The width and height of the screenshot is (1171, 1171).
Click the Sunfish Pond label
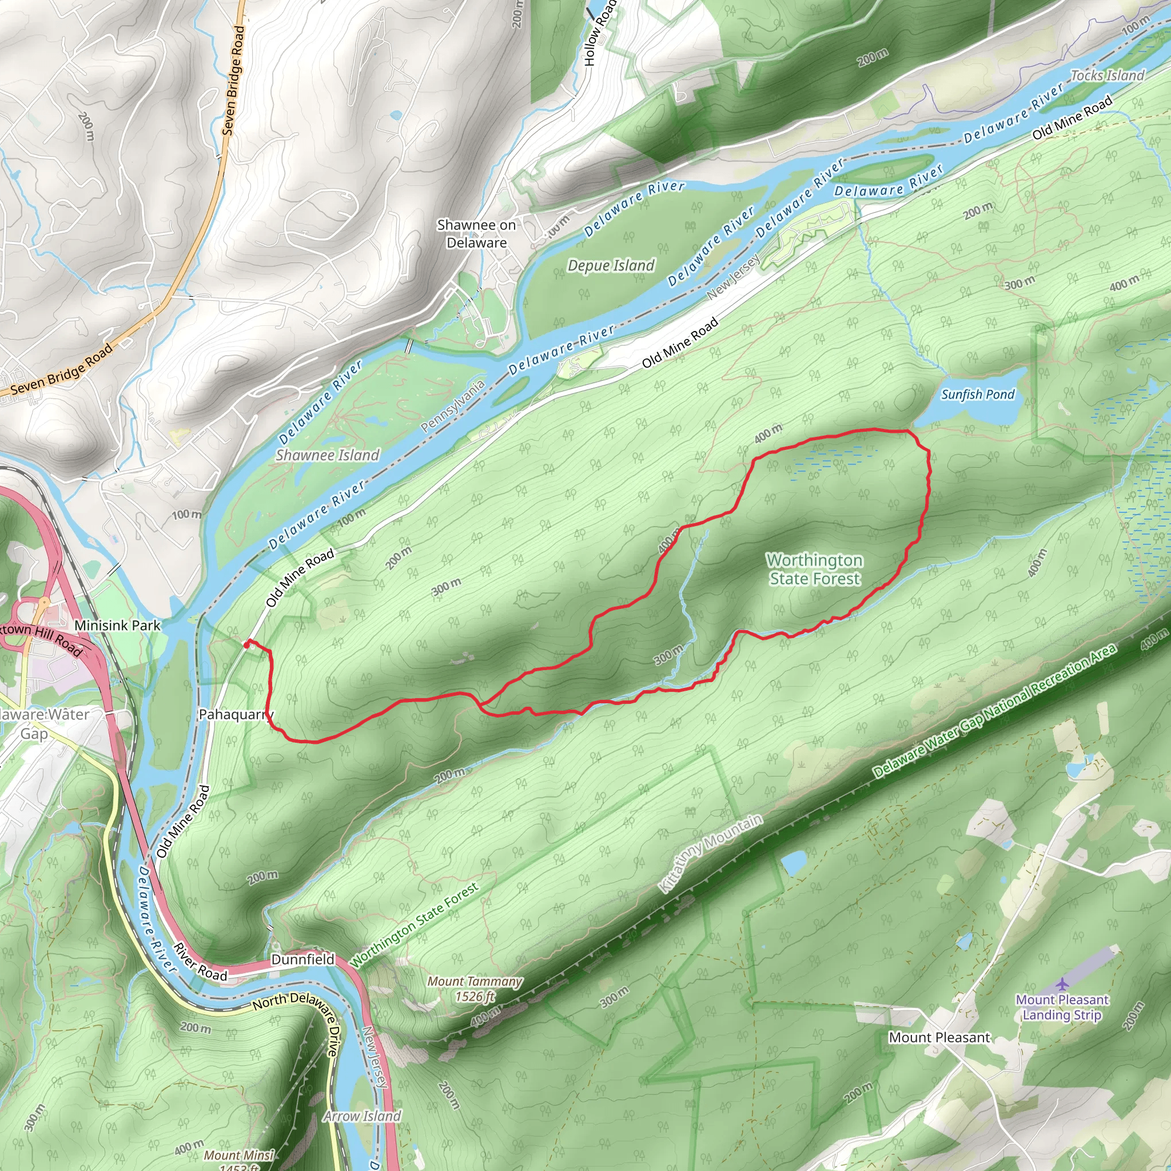pos(977,395)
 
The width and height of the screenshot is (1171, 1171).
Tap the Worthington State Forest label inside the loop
pos(814,569)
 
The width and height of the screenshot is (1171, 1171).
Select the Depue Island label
pos(611,265)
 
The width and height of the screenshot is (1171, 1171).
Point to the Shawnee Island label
pos(327,455)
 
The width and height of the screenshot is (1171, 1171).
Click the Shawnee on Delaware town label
pos(476,234)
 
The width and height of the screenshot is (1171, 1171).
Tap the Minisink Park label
pos(118,626)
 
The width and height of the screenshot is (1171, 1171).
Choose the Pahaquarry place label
pos(236,715)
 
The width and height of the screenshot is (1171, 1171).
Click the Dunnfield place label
pos(302,959)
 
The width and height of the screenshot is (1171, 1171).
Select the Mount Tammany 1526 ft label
pos(475,989)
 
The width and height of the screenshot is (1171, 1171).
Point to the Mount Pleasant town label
pos(939,1038)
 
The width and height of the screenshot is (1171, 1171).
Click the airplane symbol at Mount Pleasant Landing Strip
pos(1061,983)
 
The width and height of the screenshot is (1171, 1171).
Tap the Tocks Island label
pos(1108,76)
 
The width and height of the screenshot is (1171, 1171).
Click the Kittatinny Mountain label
pos(710,854)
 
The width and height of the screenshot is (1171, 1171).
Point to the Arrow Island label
pos(362,1117)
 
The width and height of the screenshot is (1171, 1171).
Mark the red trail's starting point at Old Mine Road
pos(246,645)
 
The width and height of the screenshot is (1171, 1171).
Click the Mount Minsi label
pos(239,1156)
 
